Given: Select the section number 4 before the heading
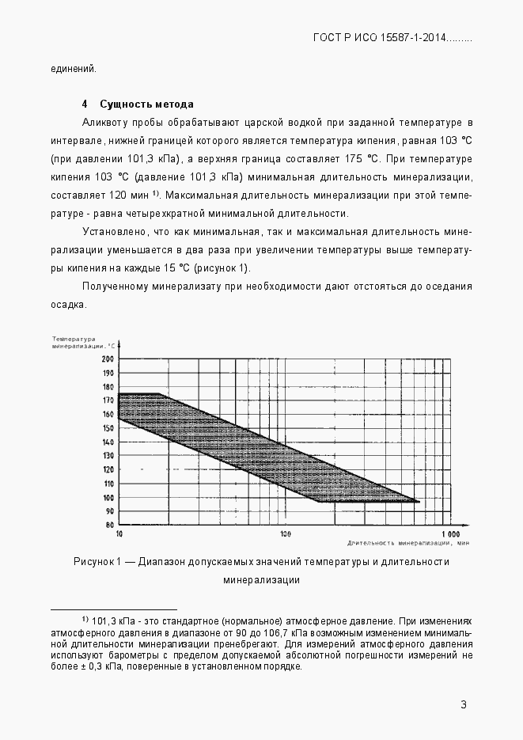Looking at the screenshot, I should click(84, 104).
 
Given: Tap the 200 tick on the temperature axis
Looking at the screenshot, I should click(108, 359).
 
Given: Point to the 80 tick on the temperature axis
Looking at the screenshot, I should click(110, 525).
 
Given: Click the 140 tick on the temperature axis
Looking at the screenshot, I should click(108, 442).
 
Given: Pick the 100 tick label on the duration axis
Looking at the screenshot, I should click(286, 534).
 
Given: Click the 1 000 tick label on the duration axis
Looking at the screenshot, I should click(451, 534).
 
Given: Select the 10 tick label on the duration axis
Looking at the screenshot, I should click(119, 534).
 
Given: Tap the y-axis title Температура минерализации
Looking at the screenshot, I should click(84, 343).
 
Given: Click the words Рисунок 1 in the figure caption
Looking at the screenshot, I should click(96, 562).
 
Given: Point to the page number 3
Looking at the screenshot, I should click(464, 705).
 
